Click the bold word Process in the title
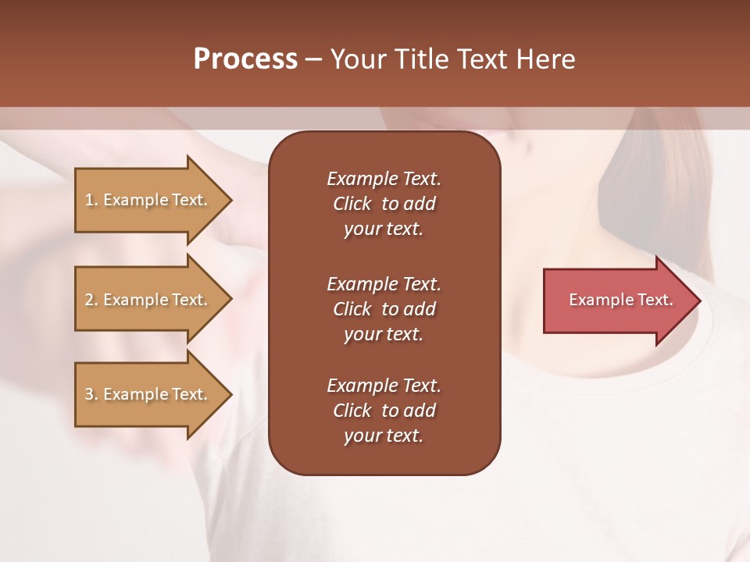pos(245,59)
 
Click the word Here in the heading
pos(545,59)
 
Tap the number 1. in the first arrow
pos(91,200)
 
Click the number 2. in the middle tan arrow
pos(91,300)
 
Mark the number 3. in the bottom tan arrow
pos(91,394)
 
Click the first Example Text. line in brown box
pos(384,179)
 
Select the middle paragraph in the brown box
pos(384,309)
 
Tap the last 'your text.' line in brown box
pos(384,436)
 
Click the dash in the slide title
pos(313,59)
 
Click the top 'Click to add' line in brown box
pos(384,204)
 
